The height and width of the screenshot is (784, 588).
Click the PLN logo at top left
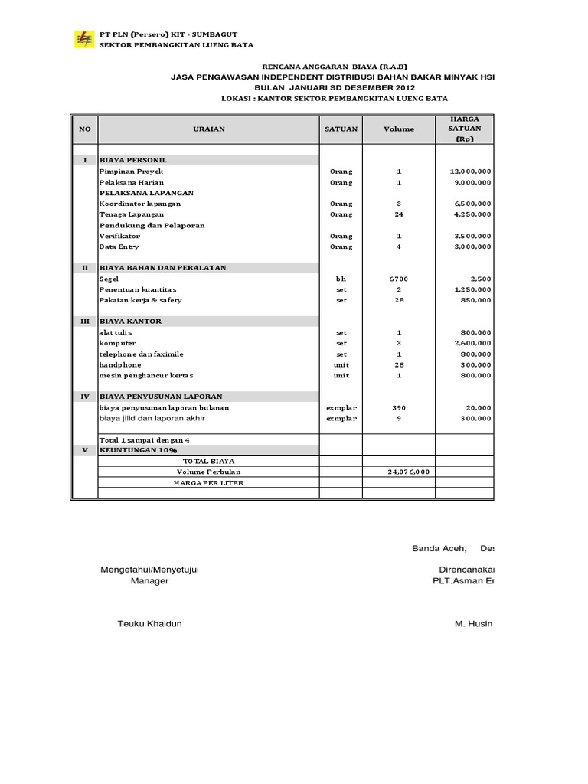pos(82,39)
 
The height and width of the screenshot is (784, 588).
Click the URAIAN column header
pos(208,129)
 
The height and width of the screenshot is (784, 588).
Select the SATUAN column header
pos(341,129)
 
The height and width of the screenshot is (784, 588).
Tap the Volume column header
pos(399,129)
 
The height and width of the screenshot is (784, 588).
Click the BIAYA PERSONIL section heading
pos(132,160)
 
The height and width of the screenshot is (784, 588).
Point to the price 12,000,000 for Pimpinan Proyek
pos(471,171)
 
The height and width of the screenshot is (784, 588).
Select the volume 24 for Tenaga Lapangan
pos(399,215)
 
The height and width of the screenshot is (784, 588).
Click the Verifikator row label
pos(119,237)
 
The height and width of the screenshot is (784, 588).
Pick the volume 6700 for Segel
pos(399,279)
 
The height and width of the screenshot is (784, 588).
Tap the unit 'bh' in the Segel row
pos(341,279)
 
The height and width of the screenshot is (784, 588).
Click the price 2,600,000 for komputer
pos(471,344)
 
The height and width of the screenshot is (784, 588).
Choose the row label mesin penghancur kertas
pos(146,376)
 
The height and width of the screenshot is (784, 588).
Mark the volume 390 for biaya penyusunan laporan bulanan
pos(399,408)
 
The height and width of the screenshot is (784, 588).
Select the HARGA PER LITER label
pos(208,482)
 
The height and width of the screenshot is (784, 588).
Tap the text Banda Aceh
pos(439,549)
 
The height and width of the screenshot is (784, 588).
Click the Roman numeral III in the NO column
pos(84,322)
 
